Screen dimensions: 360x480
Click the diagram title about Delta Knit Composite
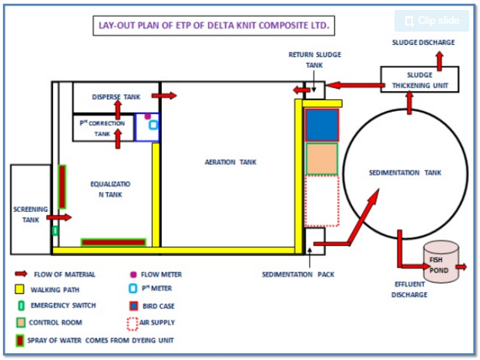click(214, 25)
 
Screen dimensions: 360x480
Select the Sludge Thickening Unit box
click(420, 79)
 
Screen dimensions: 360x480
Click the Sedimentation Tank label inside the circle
click(404, 173)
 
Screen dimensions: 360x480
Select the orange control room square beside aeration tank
click(321, 159)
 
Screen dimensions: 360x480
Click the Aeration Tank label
click(230, 162)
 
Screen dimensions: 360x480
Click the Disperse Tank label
click(116, 97)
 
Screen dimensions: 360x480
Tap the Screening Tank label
click(30, 214)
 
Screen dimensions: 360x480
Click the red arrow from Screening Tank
click(62, 218)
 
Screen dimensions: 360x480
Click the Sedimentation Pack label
click(298, 274)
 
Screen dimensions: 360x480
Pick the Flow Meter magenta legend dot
click(134, 274)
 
